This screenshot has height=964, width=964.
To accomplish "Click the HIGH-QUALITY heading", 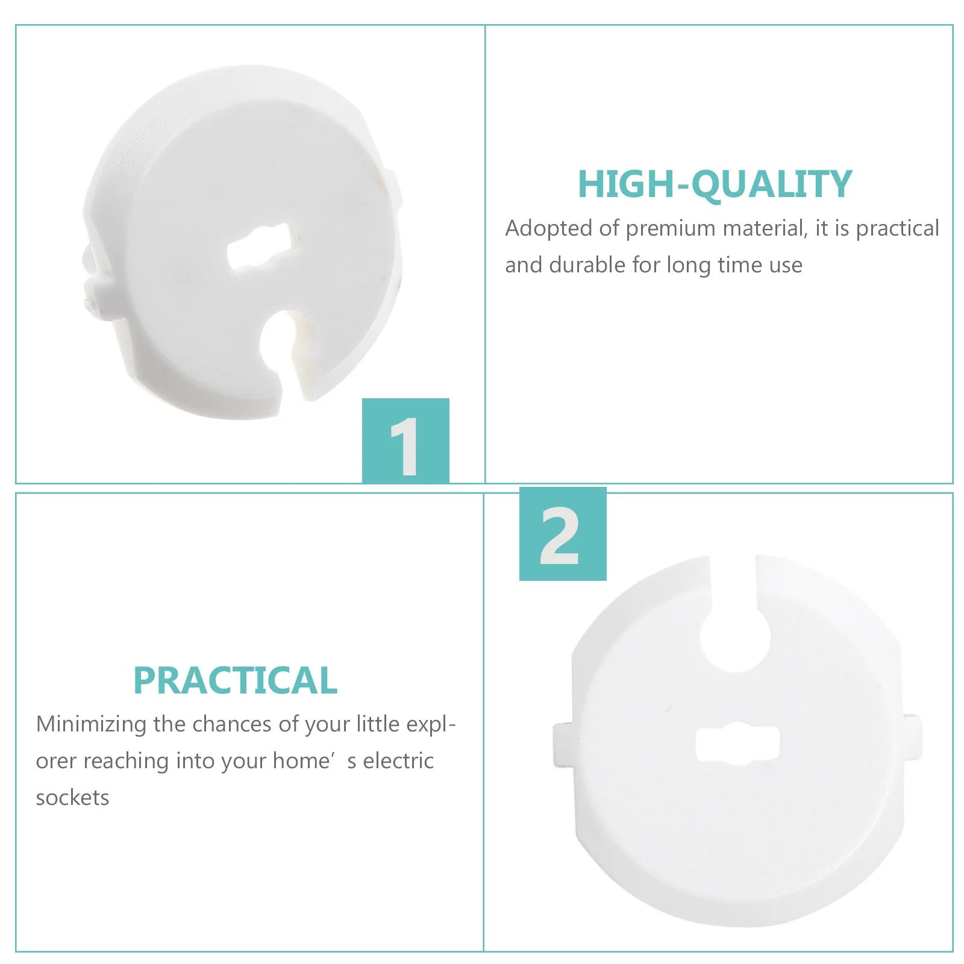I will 715,184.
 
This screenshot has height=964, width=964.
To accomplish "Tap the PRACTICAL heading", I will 235,680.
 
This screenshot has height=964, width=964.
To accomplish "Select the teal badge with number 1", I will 405,440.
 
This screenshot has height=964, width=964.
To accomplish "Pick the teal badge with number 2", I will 563,534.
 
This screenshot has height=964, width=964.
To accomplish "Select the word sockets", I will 72,798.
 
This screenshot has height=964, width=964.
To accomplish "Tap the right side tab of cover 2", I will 911,735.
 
